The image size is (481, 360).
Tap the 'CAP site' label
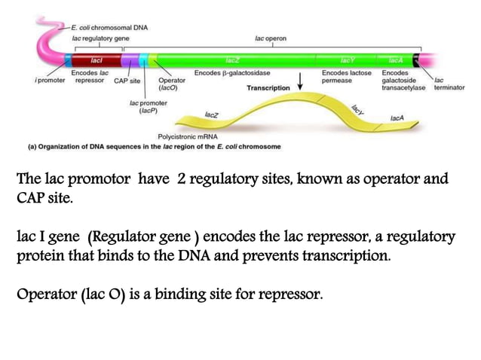pyautogui.click(x=127, y=80)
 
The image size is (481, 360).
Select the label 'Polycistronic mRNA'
pyautogui.click(x=188, y=137)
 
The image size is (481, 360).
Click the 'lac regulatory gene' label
pyautogui.click(x=100, y=38)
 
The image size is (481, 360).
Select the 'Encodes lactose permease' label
pyautogui.click(x=346, y=76)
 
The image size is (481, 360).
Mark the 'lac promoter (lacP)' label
pyautogui.click(x=148, y=105)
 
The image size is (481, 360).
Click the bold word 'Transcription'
pyautogui.click(x=268, y=88)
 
